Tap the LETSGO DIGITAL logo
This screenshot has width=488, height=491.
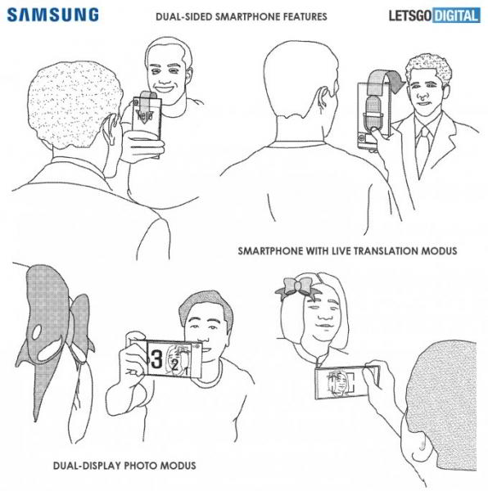[433, 15]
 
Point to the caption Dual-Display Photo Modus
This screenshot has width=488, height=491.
[124, 466]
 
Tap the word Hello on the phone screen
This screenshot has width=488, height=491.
[144, 117]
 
